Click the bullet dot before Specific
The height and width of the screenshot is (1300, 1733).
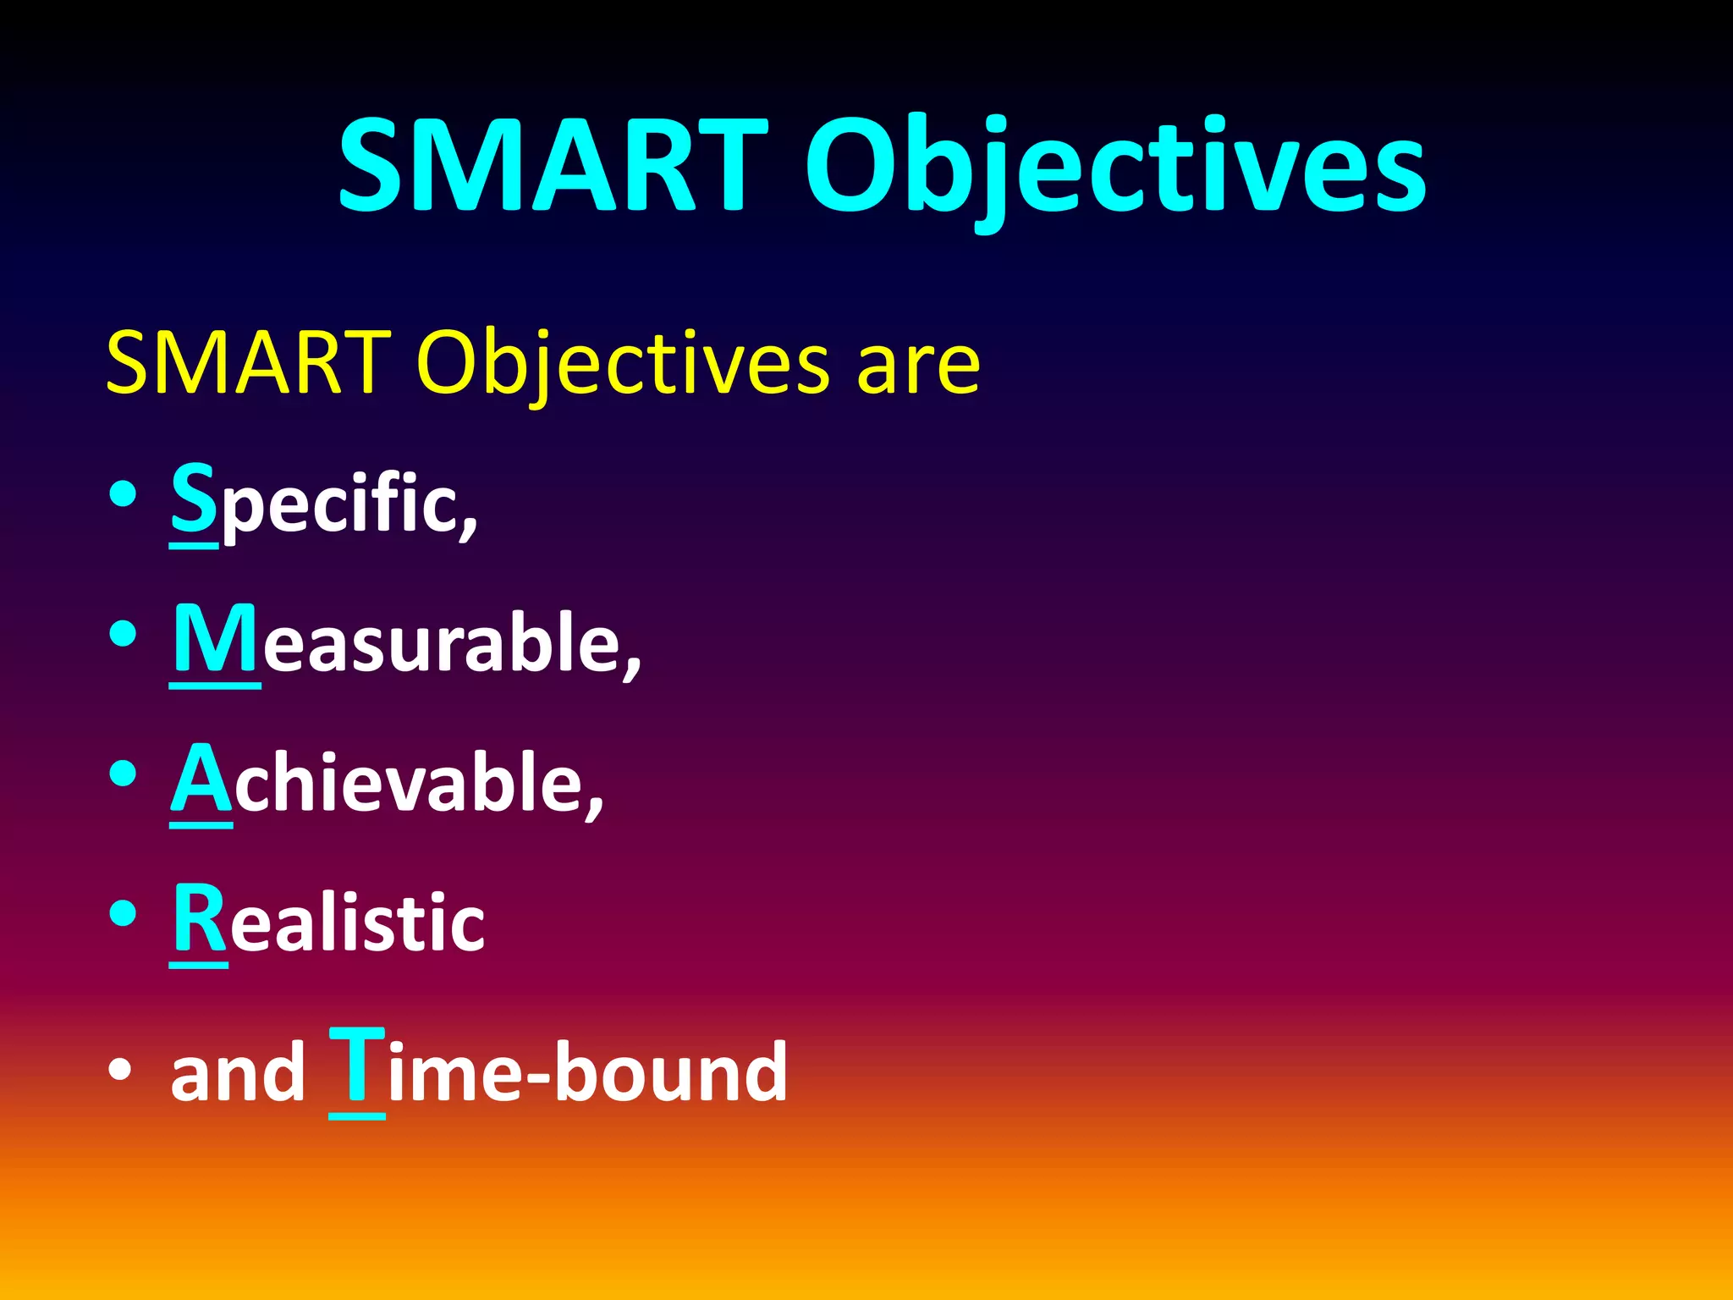123,494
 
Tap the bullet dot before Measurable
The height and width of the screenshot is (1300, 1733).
123,634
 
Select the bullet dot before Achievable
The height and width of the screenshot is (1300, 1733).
123,774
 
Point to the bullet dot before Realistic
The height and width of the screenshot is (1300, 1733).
123,913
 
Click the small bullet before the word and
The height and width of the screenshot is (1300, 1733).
120,1070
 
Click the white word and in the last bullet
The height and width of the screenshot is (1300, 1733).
237,1073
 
